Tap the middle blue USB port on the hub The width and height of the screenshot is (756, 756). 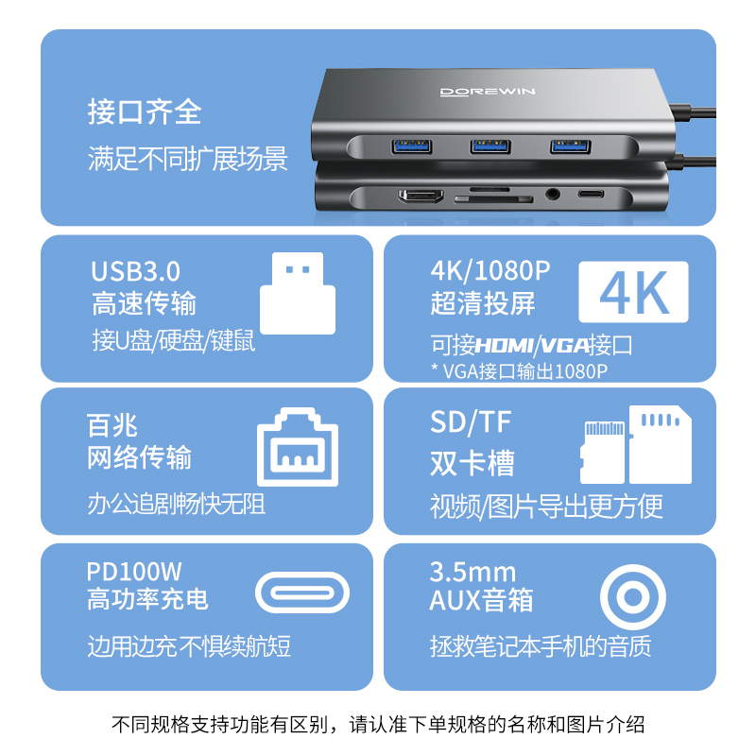click(x=491, y=146)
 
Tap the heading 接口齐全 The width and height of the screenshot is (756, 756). click(x=145, y=112)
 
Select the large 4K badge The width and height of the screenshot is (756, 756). click(x=633, y=293)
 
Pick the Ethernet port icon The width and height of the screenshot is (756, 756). click(x=298, y=448)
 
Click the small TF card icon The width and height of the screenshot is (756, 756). click(x=603, y=452)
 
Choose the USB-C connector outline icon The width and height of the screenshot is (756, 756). click(x=302, y=593)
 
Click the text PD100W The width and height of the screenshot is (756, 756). click(x=134, y=571)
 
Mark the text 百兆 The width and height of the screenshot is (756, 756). click(x=112, y=425)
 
